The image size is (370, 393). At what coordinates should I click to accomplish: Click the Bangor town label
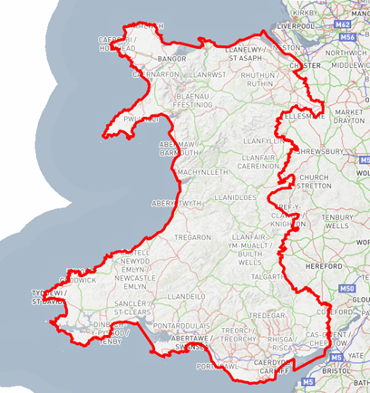pyautogui.click(x=171, y=59)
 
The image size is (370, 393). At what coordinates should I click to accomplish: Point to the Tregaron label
pyautogui.click(x=191, y=236)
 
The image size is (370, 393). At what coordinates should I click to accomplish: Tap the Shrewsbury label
pyautogui.click(x=324, y=151)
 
